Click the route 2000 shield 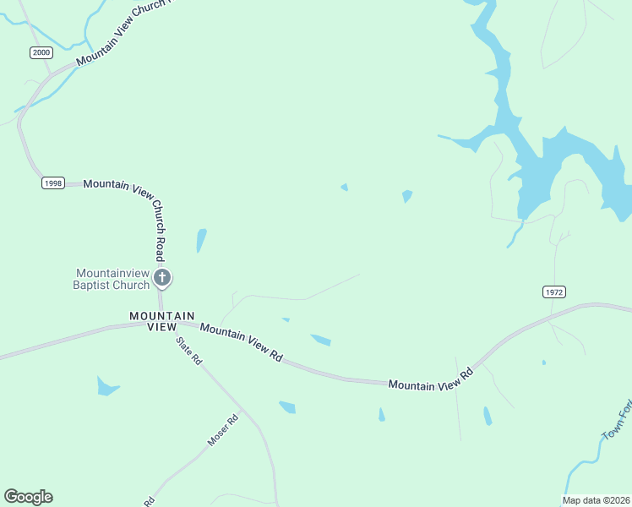[x=41, y=52]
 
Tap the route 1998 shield [x=52, y=183]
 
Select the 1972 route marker [x=553, y=292]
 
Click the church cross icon [x=163, y=277]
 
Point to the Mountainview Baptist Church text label [x=112, y=279]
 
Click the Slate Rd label [x=189, y=351]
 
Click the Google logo [x=28, y=497]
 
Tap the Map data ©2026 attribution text [x=596, y=500]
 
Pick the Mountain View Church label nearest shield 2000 [x=123, y=34]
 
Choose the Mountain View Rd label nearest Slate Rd [x=241, y=344]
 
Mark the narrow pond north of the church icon [x=201, y=241]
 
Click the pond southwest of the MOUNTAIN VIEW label [x=106, y=387]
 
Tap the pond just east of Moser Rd [x=287, y=407]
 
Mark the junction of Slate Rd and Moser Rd [x=242, y=412]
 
